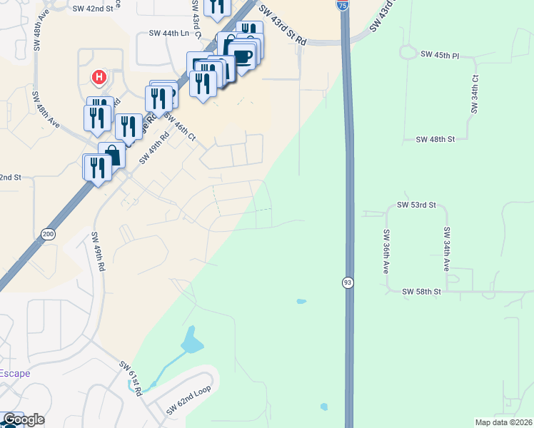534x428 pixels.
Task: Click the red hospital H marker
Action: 99,76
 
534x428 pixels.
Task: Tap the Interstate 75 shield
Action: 343,5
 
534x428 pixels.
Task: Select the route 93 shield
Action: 348,282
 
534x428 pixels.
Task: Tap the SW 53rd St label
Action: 416,205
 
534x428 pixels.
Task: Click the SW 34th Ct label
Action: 473,94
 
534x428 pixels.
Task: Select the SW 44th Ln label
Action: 169,33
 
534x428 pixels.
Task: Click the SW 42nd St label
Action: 94,9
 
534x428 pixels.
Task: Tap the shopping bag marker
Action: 112,155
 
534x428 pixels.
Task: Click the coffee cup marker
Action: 243,55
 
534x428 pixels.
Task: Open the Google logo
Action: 24,419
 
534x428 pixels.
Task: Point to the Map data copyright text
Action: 503,422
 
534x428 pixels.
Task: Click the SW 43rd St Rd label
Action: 283,26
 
